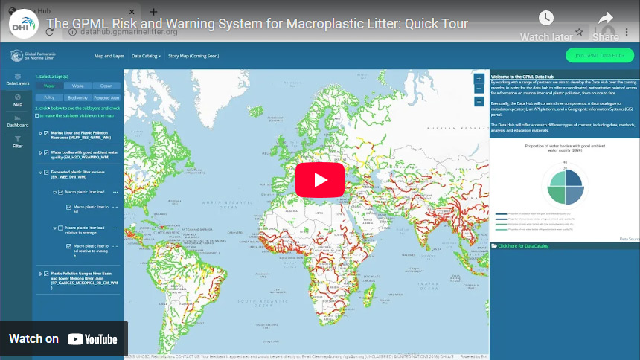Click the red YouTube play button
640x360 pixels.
320,180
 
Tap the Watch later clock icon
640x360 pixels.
546,19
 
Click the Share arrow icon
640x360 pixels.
606,19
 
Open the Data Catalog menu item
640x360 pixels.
146,56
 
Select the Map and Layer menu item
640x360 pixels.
109,56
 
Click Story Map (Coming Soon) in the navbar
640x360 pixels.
193,56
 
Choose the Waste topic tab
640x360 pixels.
77,86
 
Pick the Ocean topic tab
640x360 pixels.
106,86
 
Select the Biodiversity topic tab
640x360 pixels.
77,97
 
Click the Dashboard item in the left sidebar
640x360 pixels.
18,120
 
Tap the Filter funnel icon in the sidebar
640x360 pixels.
18,141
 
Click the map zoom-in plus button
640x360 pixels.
479,78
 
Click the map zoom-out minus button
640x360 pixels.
479,89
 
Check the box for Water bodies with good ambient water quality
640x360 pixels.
46,152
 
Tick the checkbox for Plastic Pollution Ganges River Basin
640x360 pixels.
46,273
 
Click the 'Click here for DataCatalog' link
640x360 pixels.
518,245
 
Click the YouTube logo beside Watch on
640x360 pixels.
92,339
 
